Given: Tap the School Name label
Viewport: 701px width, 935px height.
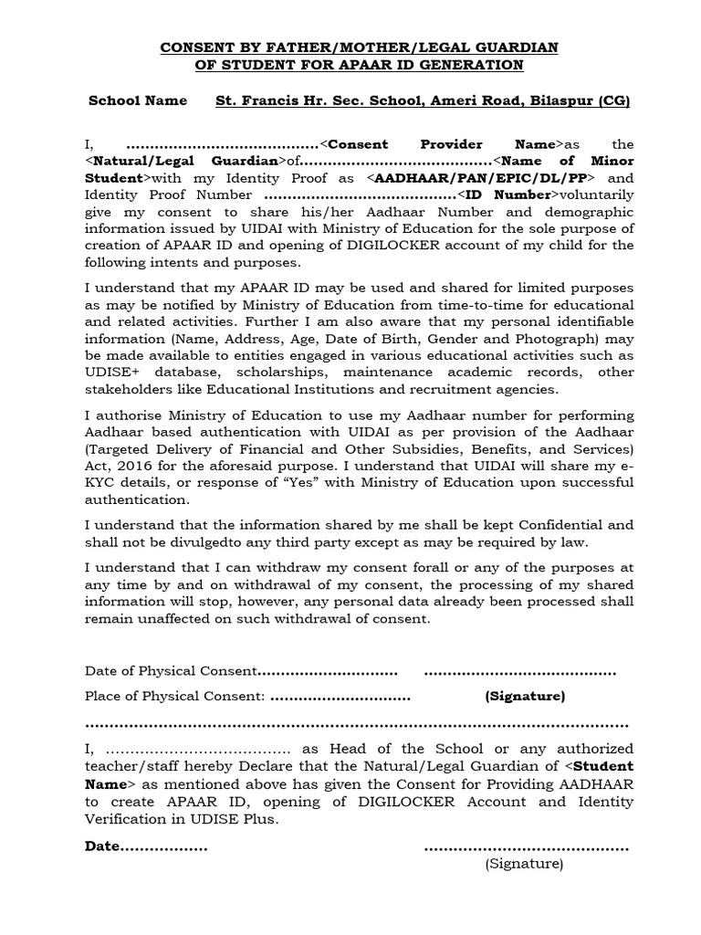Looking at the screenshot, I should coord(138,100).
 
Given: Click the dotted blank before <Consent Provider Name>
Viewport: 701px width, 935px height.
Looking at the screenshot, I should coord(223,144).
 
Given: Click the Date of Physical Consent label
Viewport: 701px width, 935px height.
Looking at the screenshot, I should coord(172,671).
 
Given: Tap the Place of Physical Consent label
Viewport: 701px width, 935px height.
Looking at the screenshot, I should coord(174,697).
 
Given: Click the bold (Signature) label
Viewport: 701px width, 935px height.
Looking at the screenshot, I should coord(525,697).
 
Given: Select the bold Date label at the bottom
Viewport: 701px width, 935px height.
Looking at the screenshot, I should coord(102,846).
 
